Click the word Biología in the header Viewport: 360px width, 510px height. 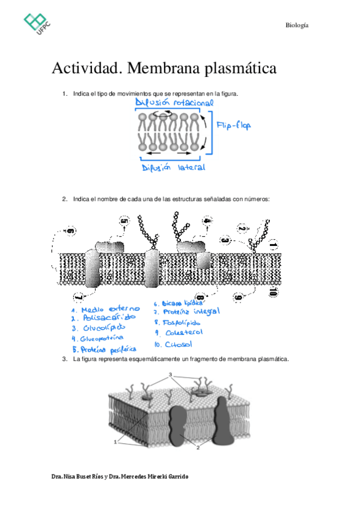[x=297, y=25]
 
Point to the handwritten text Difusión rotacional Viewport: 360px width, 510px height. [x=174, y=103]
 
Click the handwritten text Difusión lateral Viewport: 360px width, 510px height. [x=174, y=168]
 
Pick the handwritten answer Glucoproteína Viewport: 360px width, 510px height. [x=102, y=339]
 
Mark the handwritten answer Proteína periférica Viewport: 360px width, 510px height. [x=104, y=349]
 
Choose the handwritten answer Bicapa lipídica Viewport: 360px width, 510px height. [x=180, y=304]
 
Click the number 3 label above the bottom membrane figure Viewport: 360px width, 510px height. [x=171, y=375]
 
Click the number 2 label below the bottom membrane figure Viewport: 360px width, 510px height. [x=198, y=447]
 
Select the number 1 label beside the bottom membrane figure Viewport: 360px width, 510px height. [x=115, y=443]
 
